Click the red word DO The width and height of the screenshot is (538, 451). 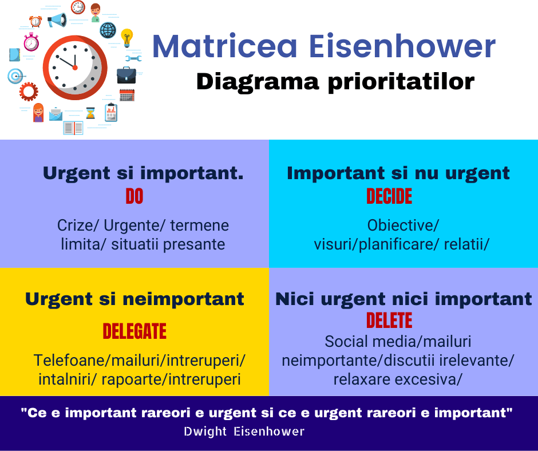[134, 196]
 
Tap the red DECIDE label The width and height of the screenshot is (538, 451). [389, 196]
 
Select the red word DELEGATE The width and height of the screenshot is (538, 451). [134, 331]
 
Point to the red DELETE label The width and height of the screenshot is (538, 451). [389, 321]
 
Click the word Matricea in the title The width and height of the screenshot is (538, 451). [224, 46]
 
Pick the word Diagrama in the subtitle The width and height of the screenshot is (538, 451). [258, 82]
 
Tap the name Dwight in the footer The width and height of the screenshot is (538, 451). [205, 432]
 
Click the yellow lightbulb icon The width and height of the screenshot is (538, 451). [127, 37]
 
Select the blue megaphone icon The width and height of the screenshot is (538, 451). [57, 20]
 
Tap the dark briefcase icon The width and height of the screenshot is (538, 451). [126, 75]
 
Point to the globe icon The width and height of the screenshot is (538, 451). [108, 30]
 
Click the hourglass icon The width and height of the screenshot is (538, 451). [90, 113]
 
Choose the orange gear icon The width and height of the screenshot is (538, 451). [29, 92]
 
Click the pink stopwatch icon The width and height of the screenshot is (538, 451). [31, 42]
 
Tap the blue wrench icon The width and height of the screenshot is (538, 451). [133, 58]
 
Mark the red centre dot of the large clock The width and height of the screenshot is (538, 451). [75, 68]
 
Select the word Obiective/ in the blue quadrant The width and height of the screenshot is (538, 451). [403, 225]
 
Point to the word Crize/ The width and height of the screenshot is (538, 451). [78, 225]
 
